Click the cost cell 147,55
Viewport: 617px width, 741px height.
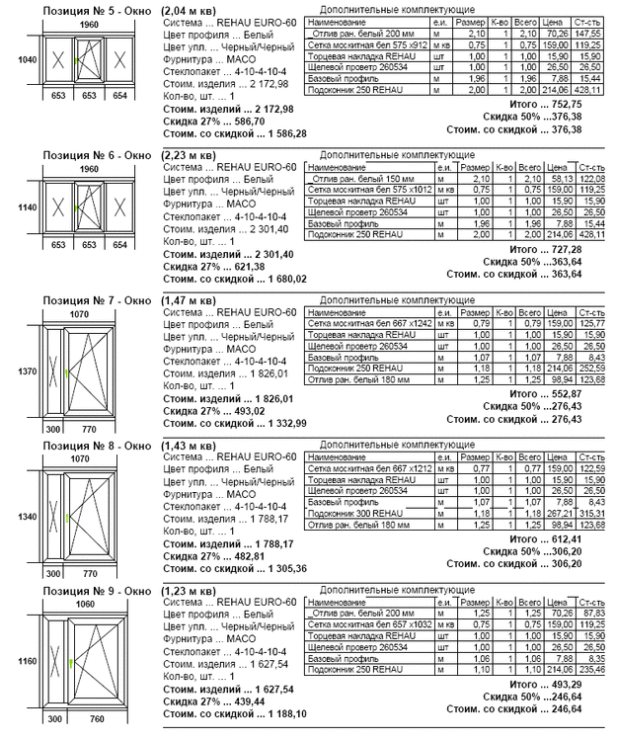[x=589, y=32]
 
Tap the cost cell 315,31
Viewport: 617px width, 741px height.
[x=589, y=514]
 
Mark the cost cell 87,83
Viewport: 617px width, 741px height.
[x=589, y=615]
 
